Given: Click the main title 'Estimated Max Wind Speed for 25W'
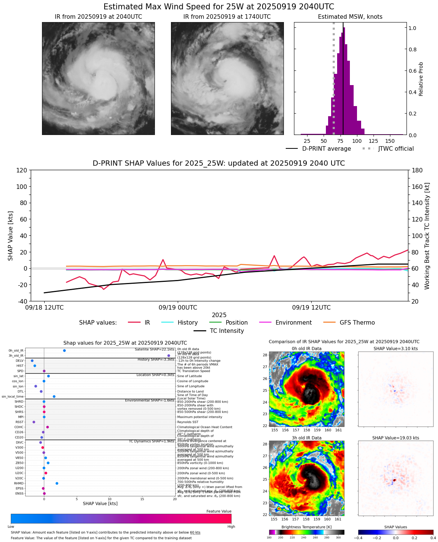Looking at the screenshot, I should click(x=219, y=7).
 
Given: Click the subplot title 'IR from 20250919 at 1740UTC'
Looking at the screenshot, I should click(x=227, y=17).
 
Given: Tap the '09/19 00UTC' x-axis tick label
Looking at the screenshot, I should click(x=178, y=308).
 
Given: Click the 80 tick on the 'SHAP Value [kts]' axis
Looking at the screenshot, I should click(x=22, y=203).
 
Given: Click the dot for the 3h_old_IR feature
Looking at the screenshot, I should click(x=169, y=356).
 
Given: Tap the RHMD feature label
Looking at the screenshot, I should click(x=18, y=484).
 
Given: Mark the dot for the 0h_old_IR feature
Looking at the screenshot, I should click(x=64, y=350).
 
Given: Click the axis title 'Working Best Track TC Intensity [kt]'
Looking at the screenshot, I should click(x=427, y=236).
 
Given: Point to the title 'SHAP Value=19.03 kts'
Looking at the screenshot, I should click(x=396, y=438).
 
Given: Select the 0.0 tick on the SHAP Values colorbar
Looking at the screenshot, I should click(x=396, y=538).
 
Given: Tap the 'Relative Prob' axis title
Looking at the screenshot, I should click(x=421, y=79).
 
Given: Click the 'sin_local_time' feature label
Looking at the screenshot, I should click(x=12, y=397).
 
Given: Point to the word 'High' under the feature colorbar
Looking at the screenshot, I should click(x=231, y=527).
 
